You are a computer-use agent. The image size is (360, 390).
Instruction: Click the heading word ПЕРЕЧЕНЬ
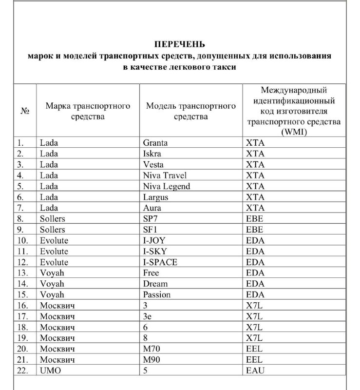(x=180, y=44)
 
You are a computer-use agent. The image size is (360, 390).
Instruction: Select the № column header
(x=25, y=111)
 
